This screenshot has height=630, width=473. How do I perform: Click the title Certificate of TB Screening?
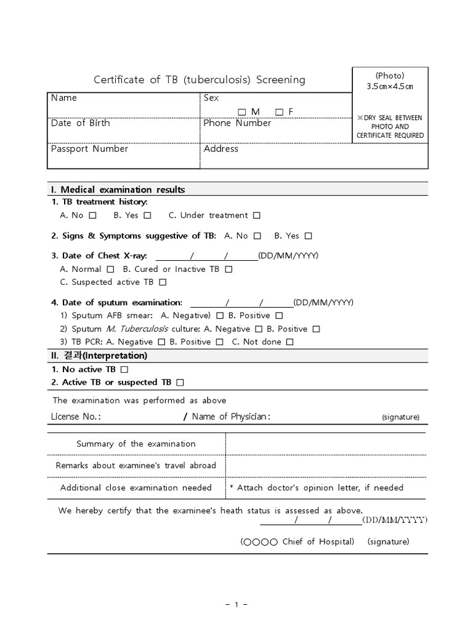click(x=199, y=79)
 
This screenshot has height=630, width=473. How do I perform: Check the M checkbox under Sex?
click(x=241, y=111)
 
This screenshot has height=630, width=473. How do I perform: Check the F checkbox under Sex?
click(x=279, y=111)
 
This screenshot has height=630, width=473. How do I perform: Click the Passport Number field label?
click(x=89, y=149)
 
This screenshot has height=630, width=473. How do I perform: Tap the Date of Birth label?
click(x=80, y=123)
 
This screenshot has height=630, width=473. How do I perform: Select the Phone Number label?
click(x=237, y=123)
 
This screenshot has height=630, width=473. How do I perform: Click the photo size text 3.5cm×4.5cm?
click(x=390, y=86)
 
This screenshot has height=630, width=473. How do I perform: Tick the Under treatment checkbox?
click(x=257, y=215)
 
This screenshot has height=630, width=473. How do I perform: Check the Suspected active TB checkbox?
click(x=163, y=282)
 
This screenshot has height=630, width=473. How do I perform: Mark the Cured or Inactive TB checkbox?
click(x=228, y=269)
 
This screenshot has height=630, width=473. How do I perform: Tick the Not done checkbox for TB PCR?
click(x=290, y=342)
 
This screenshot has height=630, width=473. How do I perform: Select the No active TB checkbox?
click(x=124, y=370)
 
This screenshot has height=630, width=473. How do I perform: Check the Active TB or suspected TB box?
click(x=180, y=383)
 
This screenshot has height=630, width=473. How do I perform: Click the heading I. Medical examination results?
click(x=118, y=189)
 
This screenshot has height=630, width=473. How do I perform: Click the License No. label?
click(x=76, y=417)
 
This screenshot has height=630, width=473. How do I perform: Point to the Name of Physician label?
click(x=231, y=417)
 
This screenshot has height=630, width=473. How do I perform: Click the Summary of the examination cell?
click(x=136, y=444)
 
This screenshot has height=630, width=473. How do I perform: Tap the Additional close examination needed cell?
click(x=136, y=488)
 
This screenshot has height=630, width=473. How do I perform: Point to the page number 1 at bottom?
click(x=236, y=605)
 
